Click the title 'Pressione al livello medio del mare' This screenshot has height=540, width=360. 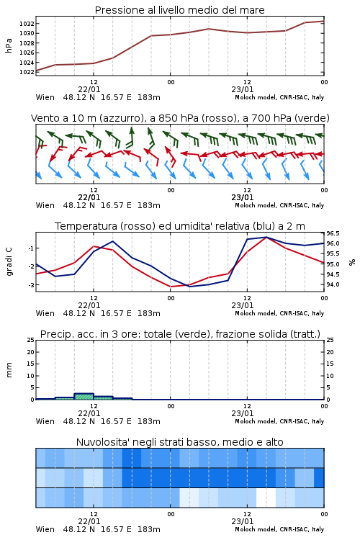pyautogui.click(x=179, y=10)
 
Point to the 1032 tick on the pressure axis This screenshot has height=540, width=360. pyautogui.click(x=27, y=24)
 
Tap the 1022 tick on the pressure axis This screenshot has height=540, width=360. pyautogui.click(x=27, y=72)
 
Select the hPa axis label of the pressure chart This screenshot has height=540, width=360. pyautogui.click(x=9, y=45)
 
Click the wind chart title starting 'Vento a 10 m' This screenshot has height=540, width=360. pyautogui.click(x=180, y=118)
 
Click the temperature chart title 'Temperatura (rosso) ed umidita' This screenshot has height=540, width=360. pyautogui.click(x=180, y=226)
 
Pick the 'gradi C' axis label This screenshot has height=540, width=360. pyautogui.click(x=9, y=261)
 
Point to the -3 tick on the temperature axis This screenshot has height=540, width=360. pyautogui.click(x=30, y=285)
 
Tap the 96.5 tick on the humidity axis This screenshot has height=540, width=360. pyautogui.click(x=333, y=233)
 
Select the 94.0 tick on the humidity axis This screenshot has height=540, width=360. pyautogui.click(x=333, y=284)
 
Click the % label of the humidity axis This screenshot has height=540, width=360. pyautogui.click(x=352, y=262)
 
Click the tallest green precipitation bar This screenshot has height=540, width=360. pyautogui.click(x=84, y=397)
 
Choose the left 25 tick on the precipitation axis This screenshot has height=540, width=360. pyautogui.click(x=31, y=340)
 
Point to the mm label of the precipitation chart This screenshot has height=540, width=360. pyautogui.click(x=9, y=369)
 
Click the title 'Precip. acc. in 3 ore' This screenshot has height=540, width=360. pyautogui.click(x=180, y=334)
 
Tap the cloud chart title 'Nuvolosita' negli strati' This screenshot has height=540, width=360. pyautogui.click(x=180, y=442)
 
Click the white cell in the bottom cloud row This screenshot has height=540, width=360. pyautogui.click(x=266, y=498)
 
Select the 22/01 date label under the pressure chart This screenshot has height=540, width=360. pyautogui.click(x=89, y=89)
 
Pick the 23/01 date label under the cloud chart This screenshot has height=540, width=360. pyautogui.click(x=243, y=521)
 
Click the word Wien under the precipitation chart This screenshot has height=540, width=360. pyautogui.click(x=45, y=421)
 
